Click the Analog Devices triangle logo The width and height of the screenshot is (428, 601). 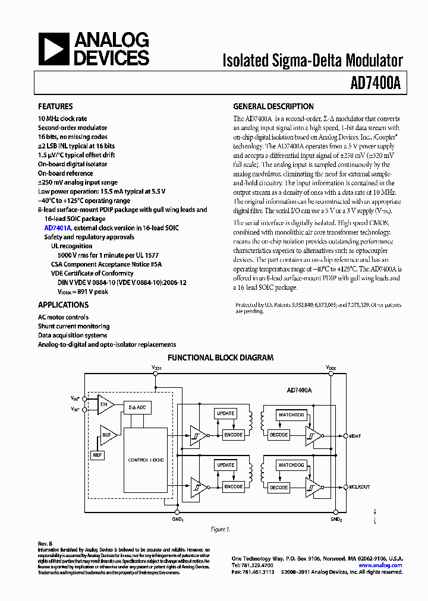pos(54,49)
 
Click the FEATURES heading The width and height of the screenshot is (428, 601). pos(55,107)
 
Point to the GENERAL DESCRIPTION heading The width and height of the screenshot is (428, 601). pos(273,107)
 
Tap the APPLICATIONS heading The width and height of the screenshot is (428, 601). pos(63,305)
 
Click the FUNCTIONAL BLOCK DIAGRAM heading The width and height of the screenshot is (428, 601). pos(221,358)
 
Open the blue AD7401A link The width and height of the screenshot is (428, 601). pos(58,228)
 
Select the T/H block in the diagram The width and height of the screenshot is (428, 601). pos(105,404)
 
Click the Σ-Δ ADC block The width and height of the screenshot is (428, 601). pos(137,407)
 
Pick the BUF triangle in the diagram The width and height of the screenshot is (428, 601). pos(107,435)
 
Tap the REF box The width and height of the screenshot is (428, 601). pos(97,455)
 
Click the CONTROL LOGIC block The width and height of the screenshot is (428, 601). pos(146,460)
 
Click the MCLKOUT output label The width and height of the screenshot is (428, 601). pos(360,487)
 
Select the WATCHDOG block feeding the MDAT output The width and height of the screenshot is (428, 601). pos(291,414)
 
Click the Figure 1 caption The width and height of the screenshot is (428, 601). pos(220,529)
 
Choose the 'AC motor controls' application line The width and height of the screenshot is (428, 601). pos(63,317)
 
